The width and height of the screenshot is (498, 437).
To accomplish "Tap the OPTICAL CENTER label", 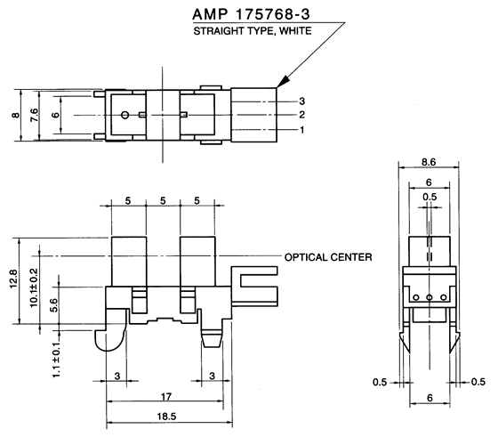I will coord(327,257).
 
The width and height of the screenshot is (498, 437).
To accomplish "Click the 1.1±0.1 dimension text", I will coord(56,357).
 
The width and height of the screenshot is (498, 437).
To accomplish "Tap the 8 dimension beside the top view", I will coord(14,116).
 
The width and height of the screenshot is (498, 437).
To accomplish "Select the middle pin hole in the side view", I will coord(428,297).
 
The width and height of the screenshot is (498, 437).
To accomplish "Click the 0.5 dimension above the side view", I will coord(430,197).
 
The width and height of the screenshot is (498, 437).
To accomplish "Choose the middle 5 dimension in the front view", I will coord(163,202).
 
